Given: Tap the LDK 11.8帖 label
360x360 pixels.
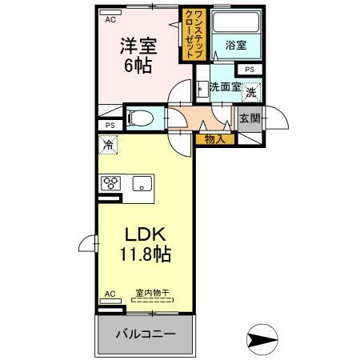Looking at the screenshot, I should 145,245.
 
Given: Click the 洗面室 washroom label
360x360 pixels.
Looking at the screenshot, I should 225,87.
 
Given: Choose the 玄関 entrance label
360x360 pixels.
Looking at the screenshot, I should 250,119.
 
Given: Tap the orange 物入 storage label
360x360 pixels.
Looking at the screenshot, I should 214,139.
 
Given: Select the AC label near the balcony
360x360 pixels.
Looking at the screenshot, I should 110,295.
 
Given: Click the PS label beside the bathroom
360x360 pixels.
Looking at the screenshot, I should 250,70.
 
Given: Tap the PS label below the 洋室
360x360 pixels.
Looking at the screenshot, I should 110,125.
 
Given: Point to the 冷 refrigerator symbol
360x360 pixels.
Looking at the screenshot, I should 108,146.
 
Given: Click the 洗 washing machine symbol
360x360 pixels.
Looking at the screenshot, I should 251,93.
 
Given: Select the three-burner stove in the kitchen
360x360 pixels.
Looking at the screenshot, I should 110,182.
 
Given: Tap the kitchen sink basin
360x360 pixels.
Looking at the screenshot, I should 142,183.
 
